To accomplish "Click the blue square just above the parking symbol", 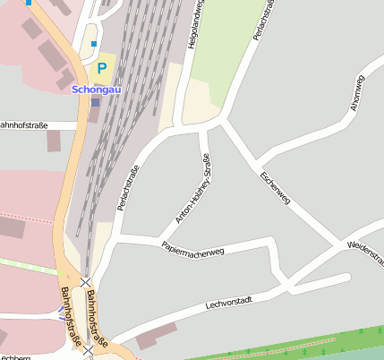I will click(x=94, y=43).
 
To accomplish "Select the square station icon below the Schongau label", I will click(x=96, y=102).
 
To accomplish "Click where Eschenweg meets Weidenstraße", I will click(x=341, y=244).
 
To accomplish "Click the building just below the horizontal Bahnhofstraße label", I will click(x=54, y=141).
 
